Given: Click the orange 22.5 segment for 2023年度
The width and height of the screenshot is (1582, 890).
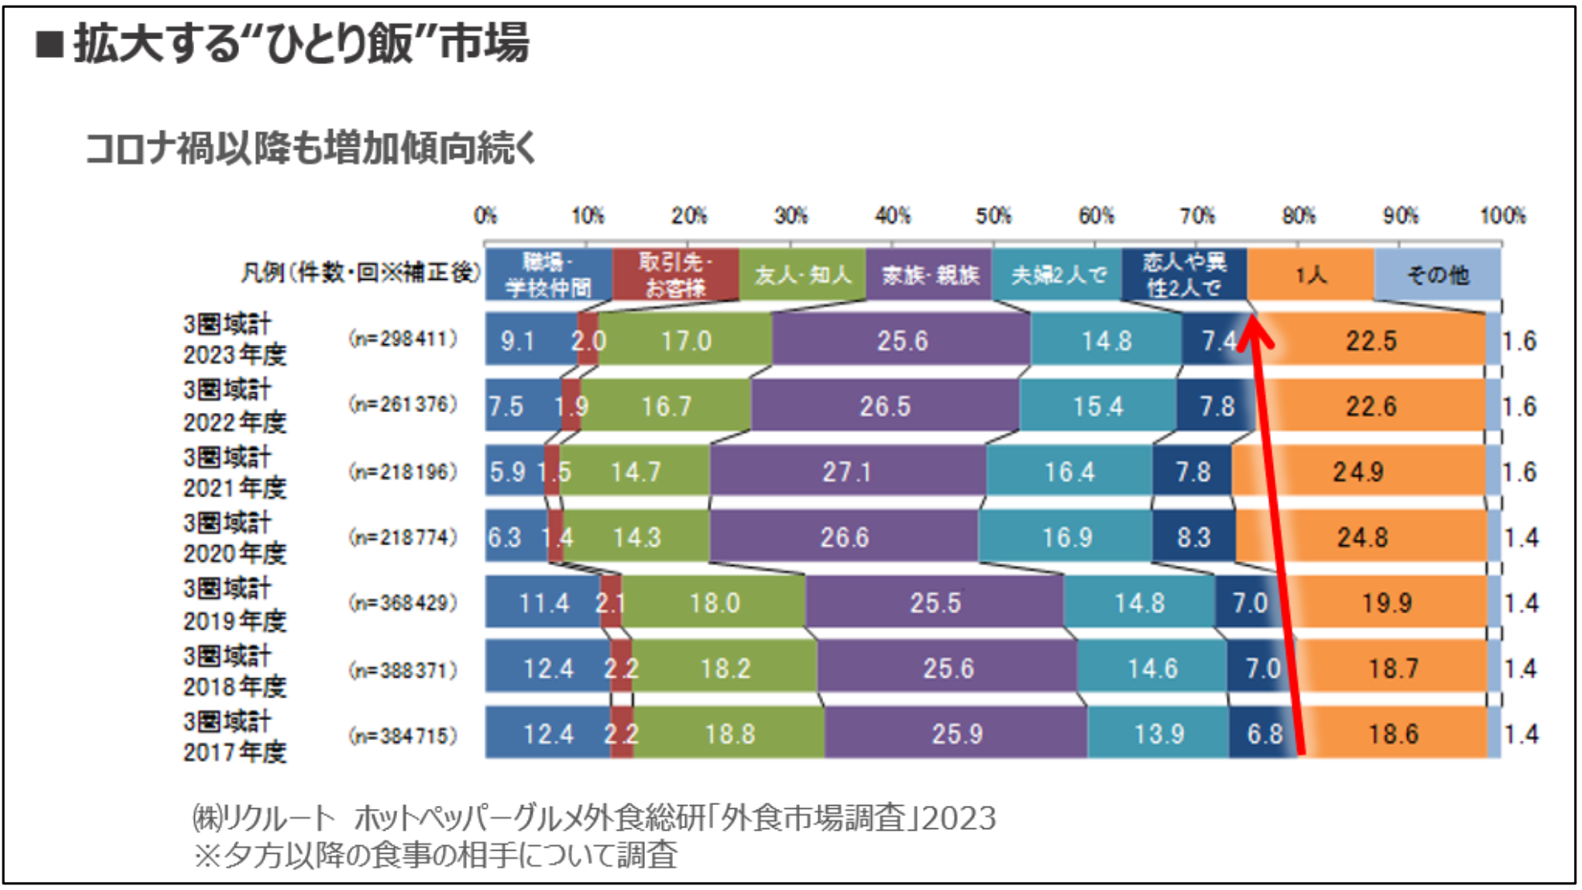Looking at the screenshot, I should [x=1372, y=341].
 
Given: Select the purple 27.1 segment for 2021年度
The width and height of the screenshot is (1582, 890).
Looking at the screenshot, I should [x=847, y=471].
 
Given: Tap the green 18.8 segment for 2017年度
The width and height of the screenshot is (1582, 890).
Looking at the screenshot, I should [x=729, y=734].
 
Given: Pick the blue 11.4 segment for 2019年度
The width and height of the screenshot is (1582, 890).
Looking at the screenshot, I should [x=544, y=602].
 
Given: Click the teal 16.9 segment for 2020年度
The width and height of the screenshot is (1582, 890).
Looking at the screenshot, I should [x=1066, y=536].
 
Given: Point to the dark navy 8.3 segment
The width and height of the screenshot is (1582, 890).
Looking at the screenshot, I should [x=1194, y=536].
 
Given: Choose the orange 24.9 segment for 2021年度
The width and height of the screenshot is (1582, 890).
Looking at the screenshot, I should [x=1358, y=471].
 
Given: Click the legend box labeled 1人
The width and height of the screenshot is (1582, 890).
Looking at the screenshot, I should [x=1311, y=275].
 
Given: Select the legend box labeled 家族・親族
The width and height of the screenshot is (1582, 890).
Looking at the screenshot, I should [x=930, y=275].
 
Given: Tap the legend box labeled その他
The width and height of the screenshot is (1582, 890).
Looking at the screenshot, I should [x=1438, y=275].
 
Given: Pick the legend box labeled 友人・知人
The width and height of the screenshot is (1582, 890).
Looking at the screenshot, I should [x=802, y=275].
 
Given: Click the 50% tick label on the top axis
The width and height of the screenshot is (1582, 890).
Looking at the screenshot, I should [x=993, y=216].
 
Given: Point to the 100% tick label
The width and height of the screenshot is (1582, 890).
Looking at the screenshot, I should [x=1502, y=216].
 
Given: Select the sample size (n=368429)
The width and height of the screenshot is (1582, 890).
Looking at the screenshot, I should [x=403, y=602].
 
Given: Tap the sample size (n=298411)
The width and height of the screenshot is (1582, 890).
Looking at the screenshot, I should [x=403, y=339].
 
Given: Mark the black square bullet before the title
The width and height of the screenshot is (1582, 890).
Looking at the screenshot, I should [x=50, y=44].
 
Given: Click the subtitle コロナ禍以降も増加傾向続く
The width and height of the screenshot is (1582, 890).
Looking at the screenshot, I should [x=310, y=148].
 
